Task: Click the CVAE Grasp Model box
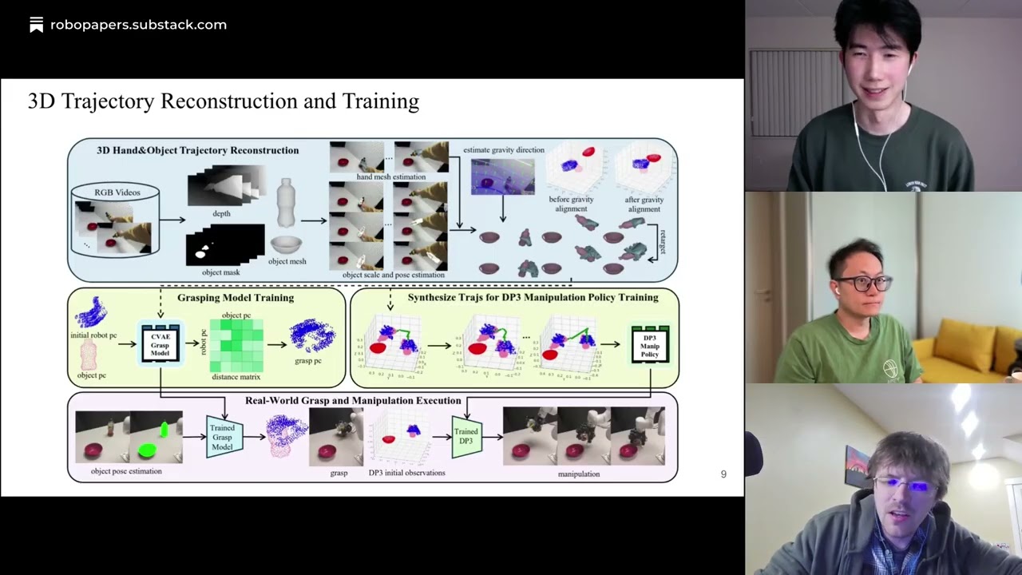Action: point(160,344)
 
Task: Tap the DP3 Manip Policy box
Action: point(649,344)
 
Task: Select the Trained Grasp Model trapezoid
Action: point(223,437)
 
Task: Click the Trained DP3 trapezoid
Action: point(466,437)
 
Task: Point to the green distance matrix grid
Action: point(236,346)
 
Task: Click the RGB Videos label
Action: point(117,192)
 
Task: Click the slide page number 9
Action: point(723,474)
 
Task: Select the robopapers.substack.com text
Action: point(138,25)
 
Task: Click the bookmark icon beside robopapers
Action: point(36,25)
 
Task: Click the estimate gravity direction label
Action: point(503,150)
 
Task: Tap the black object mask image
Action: point(224,245)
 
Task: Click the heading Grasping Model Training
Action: point(236,298)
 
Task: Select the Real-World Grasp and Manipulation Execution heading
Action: point(352,401)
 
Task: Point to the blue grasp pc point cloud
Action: point(311,336)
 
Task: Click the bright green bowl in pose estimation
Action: point(147,451)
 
